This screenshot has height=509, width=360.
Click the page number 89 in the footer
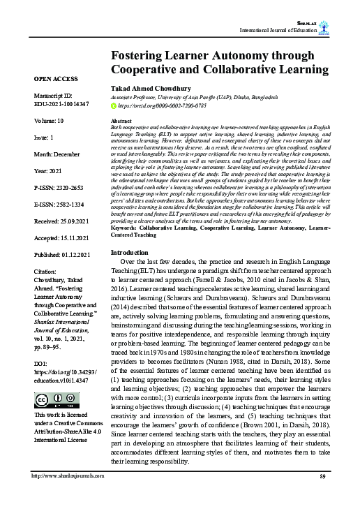322,495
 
